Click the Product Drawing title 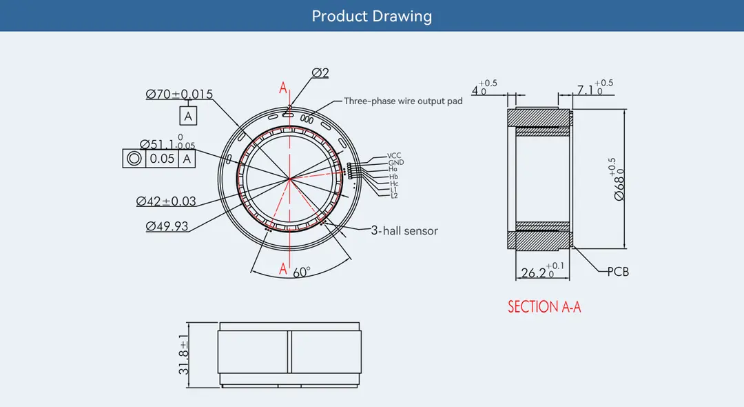(x=371, y=16)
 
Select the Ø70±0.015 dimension (x=179, y=94)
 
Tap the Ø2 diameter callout (x=320, y=72)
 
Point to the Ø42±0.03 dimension (x=166, y=201)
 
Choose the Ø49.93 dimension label (x=167, y=226)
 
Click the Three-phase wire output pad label (x=403, y=101)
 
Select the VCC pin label (x=394, y=156)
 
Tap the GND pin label (x=395, y=162)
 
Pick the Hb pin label (x=393, y=177)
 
